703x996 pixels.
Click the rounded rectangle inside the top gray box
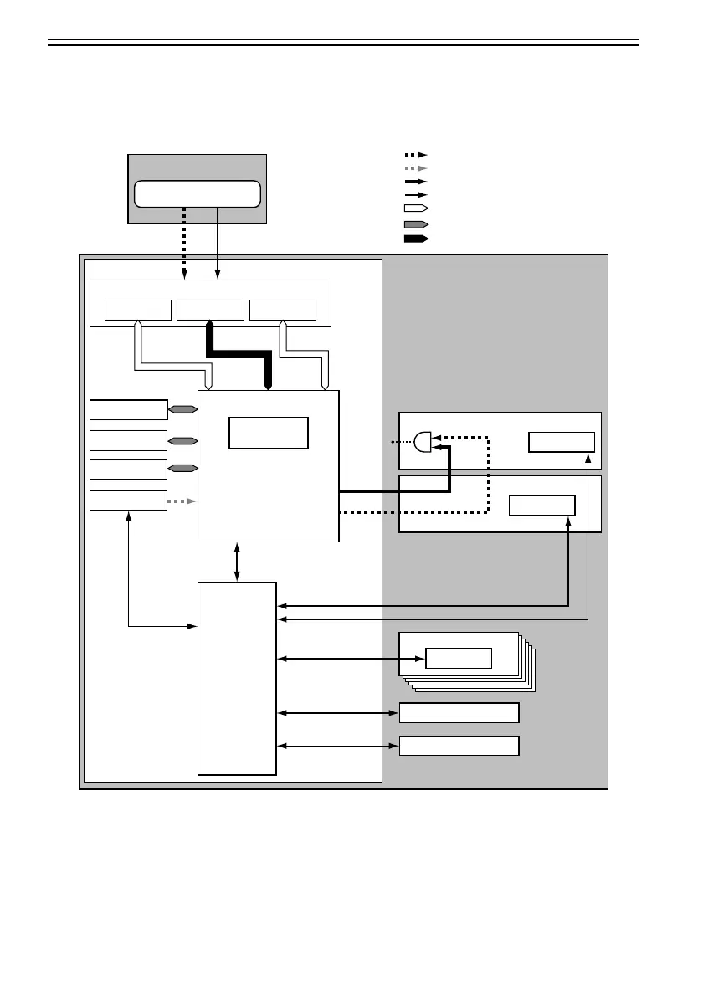[198, 193]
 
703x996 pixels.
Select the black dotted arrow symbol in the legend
[416, 155]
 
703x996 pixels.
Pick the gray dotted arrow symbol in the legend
[416, 168]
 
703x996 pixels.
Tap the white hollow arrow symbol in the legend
[416, 208]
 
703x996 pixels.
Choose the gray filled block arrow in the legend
[416, 224]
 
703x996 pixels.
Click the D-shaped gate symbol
[423, 441]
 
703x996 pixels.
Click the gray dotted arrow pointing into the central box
[182, 501]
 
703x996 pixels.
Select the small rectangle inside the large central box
[269, 432]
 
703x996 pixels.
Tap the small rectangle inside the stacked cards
[458, 658]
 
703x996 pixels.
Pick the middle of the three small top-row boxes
[211, 310]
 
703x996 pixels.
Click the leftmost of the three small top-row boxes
[138, 310]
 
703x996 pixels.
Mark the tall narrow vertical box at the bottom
[237, 678]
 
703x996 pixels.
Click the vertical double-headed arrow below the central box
[238, 562]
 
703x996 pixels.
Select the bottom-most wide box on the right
[459, 745]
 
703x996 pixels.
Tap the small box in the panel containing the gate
[562, 442]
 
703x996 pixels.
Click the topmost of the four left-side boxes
[128, 409]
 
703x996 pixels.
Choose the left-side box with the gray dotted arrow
[128, 501]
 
